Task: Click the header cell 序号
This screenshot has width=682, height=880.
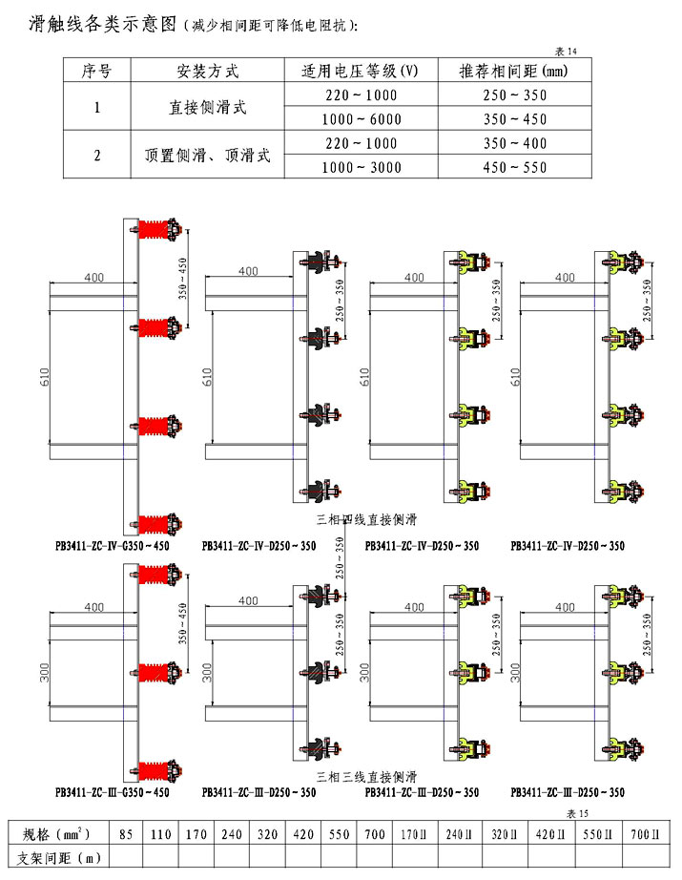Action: pyautogui.click(x=97, y=72)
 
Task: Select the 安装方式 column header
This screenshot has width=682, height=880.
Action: pyautogui.click(x=207, y=72)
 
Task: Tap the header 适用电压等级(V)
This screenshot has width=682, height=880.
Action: pyautogui.click(x=360, y=72)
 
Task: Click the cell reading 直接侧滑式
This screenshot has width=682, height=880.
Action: pyautogui.click(x=207, y=107)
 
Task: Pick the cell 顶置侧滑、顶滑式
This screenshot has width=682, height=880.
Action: pyautogui.click(x=207, y=155)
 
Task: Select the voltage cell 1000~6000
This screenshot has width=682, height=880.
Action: pyautogui.click(x=360, y=119)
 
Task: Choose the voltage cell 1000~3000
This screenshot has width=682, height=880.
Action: pyautogui.click(x=360, y=167)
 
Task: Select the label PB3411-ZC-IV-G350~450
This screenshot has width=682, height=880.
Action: pyautogui.click(x=112, y=547)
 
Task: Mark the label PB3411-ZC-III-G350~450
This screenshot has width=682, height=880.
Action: pyautogui.click(x=112, y=792)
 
